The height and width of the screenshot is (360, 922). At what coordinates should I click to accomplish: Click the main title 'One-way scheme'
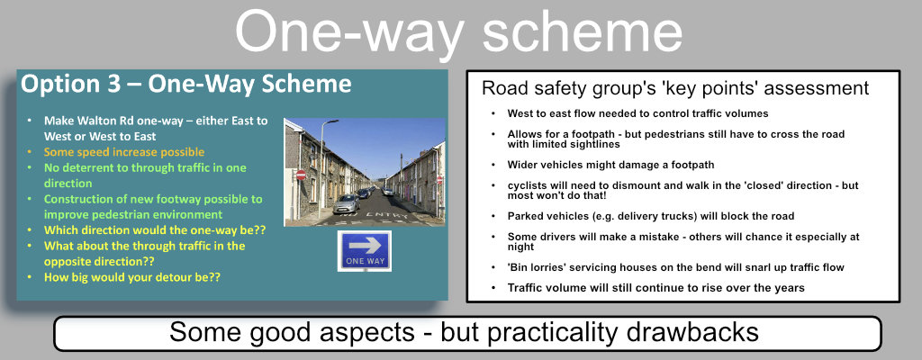pos(459,33)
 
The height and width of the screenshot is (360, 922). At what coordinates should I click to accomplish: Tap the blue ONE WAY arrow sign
pos(364,250)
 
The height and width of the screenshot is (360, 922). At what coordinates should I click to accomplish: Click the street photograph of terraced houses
pos(365,171)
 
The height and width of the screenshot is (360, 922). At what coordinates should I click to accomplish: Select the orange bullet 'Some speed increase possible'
pos(124,152)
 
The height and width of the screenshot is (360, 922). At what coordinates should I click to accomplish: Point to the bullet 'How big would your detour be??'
pos(132,276)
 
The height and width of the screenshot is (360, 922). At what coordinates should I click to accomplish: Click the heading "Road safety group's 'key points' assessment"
pos(674,88)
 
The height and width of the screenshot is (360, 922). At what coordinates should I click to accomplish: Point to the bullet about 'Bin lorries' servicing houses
pos(674,267)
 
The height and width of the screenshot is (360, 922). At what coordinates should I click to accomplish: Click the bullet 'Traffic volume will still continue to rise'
pos(655,287)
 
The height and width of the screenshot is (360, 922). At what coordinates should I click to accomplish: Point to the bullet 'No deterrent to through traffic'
pos(144,175)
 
